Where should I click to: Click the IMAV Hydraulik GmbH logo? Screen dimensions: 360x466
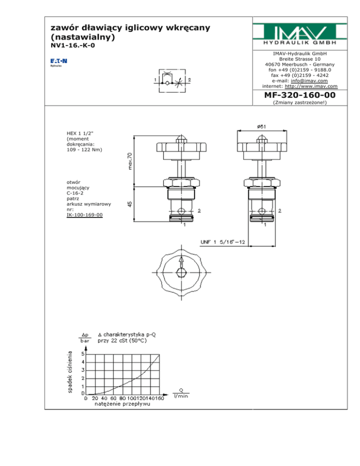(x=300, y=34)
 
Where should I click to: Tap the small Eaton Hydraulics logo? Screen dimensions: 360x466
(x=59, y=62)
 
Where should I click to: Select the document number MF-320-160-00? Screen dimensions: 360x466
(x=300, y=95)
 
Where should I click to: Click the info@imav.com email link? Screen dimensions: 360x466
(x=309, y=81)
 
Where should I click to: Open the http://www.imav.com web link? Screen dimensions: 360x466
(x=311, y=86)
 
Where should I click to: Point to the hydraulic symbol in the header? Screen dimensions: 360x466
(x=172, y=81)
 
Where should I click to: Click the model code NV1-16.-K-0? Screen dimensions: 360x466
(x=73, y=45)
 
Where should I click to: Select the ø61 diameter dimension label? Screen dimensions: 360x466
(x=262, y=127)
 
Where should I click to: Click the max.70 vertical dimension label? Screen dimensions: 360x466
(x=130, y=161)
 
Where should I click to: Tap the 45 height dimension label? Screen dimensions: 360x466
(x=130, y=204)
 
